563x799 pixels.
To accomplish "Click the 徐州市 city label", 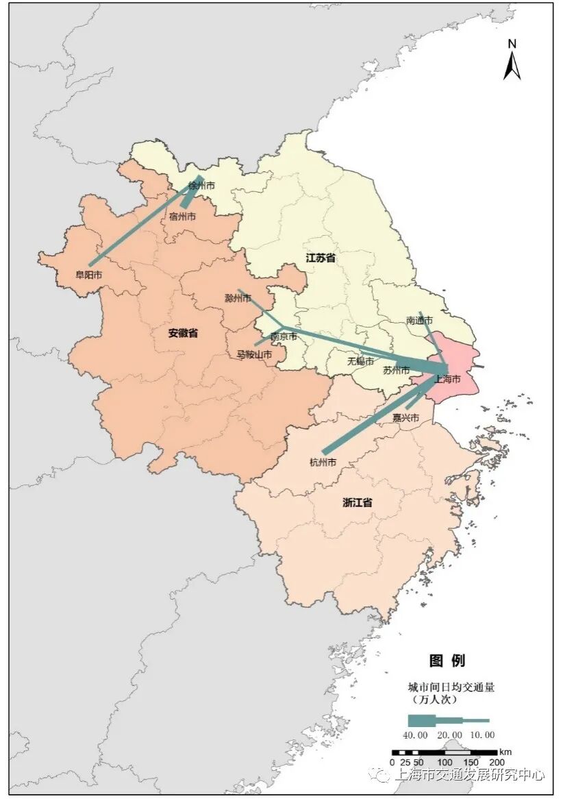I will point(201,186).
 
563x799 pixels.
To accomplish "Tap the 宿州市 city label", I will point(182,217).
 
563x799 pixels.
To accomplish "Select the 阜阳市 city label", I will point(89,275).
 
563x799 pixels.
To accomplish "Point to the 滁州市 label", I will point(238,299).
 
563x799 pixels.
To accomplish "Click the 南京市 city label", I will point(284,336).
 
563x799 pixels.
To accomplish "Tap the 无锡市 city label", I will point(360,361).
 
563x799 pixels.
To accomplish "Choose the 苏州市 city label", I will point(396,371).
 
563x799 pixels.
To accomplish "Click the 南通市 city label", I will point(419,320).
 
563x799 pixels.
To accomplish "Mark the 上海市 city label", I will point(447,379).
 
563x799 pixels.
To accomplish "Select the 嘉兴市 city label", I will point(405,417).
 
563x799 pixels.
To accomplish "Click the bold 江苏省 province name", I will point(321,258).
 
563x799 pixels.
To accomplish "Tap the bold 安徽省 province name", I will point(183,333).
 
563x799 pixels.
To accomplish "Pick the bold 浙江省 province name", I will point(358,502).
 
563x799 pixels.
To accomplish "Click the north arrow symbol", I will point(512,61).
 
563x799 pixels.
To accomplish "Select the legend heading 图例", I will point(447,661).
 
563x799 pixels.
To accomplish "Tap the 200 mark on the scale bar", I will point(497,762).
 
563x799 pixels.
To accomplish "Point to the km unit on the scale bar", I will point(505,751).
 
